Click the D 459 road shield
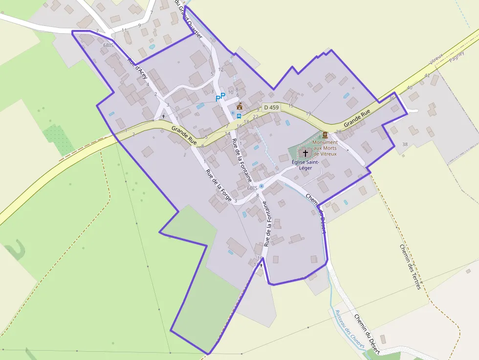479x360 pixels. click(271, 107)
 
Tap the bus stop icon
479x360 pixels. click(239, 116)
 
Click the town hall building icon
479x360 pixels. click(239, 106)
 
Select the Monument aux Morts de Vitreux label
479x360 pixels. click(325, 148)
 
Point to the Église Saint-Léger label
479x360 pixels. click(305, 165)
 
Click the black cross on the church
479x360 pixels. click(305, 153)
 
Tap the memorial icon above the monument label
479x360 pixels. click(325, 134)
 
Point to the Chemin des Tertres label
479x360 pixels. click(411, 267)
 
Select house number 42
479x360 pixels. click(427, 76)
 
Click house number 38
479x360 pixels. click(405, 144)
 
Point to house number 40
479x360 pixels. click(410, 87)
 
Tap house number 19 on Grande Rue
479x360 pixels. click(308, 114)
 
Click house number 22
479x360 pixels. click(256, 117)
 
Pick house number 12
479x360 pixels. click(221, 69)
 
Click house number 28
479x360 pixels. click(338, 132)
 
